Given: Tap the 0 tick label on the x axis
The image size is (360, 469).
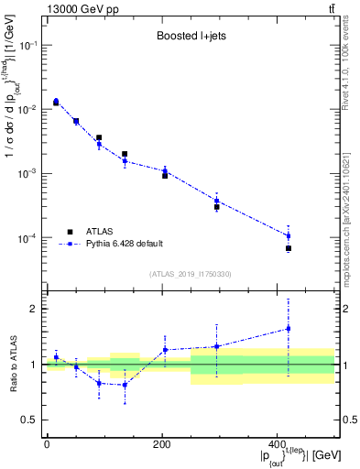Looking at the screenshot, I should pos(47,444).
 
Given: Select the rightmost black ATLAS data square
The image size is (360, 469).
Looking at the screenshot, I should pos(289,248).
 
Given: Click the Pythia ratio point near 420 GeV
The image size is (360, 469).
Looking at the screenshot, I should pos(289,328).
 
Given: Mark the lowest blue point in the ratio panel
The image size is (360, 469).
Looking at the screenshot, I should pos(125,385).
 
